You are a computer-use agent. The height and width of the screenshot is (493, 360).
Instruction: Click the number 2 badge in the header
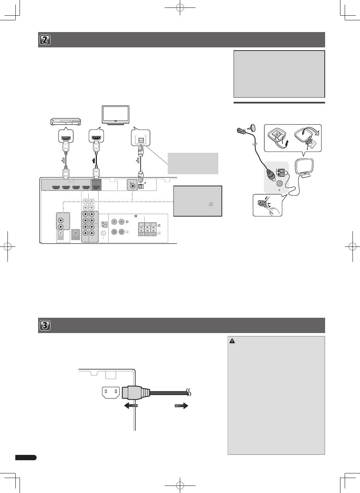pyautogui.click(x=45, y=40)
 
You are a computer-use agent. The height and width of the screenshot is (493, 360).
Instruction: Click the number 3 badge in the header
pyautogui.click(x=45, y=325)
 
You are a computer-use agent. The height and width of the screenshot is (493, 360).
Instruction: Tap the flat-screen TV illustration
pyautogui.click(x=115, y=115)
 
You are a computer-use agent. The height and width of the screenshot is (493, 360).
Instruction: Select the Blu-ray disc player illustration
pyautogui.click(x=66, y=122)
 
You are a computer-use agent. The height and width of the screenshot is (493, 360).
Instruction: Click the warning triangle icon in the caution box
pyautogui.click(x=232, y=341)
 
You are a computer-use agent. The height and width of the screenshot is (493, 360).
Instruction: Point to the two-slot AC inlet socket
pyautogui.click(x=111, y=393)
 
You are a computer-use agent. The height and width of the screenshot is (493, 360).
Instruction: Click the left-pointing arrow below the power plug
pyautogui.click(x=131, y=405)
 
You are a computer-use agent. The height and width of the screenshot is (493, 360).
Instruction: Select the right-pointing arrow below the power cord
pyautogui.click(x=182, y=405)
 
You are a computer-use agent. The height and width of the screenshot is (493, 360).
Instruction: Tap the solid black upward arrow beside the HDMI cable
pyautogui.click(x=94, y=160)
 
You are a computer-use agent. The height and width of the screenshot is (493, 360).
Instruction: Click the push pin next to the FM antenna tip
pyautogui.click(x=252, y=127)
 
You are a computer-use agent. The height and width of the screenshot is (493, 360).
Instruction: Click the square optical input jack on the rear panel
pyautogui.click(x=141, y=186)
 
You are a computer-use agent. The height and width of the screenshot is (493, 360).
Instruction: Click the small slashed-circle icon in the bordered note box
pyautogui.click(x=211, y=204)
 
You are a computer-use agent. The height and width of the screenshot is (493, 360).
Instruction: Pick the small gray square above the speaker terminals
pyautogui.click(x=136, y=216)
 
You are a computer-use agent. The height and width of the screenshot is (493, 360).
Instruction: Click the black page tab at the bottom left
pyautogui.click(x=26, y=458)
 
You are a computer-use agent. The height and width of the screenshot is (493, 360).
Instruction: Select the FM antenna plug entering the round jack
pyautogui.click(x=272, y=176)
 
